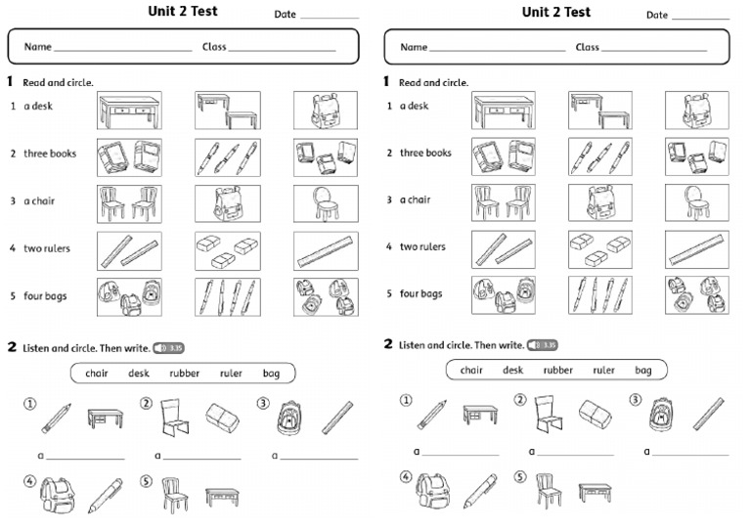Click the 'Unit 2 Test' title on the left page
pyautogui.click(x=182, y=12)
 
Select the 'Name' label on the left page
pyautogui.click(x=37, y=47)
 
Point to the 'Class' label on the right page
pyautogui.click(x=587, y=47)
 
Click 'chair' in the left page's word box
pyautogui.click(x=97, y=373)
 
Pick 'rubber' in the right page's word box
pyautogui.click(x=558, y=370)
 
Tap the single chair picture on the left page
pyautogui.click(x=326, y=203)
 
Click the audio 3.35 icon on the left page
pyautogui.click(x=168, y=347)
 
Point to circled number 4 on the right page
pyautogui.click(x=405, y=477)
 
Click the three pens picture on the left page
pyautogui.click(x=227, y=157)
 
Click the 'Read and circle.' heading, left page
pyautogui.click(x=58, y=83)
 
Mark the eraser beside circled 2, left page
pyautogui.click(x=222, y=418)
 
